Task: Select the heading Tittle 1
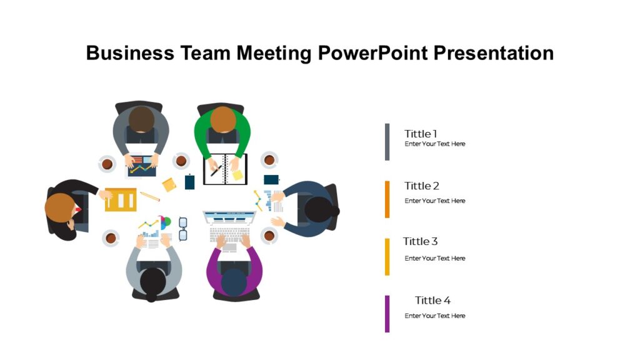[x=421, y=134]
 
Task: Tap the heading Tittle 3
[x=420, y=241]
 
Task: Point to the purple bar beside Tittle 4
[x=387, y=314]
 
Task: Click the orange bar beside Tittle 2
[x=387, y=199]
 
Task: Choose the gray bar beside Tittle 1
[x=387, y=142]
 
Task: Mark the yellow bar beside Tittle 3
[x=387, y=256]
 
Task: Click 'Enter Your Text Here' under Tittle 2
[x=435, y=201]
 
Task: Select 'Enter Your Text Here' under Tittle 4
[x=435, y=316]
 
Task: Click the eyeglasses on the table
[x=183, y=229]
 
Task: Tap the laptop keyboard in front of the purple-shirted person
[x=229, y=235]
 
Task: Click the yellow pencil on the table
[x=150, y=196]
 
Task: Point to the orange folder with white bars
[x=121, y=199]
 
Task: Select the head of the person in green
[x=222, y=119]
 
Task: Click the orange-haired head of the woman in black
[x=60, y=207]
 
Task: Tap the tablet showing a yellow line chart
[x=142, y=166]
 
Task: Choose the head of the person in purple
[x=234, y=282]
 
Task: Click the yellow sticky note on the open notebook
[x=237, y=175]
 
